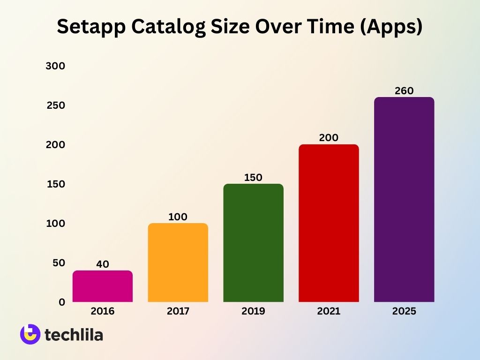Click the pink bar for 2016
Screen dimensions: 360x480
(x=103, y=286)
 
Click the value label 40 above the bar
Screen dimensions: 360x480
(x=103, y=264)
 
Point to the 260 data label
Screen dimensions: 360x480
(x=404, y=91)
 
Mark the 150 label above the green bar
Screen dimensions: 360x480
(x=253, y=178)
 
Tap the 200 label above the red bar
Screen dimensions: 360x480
(x=329, y=138)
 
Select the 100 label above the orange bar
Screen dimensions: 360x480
(x=178, y=217)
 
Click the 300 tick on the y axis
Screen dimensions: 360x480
(x=55, y=66)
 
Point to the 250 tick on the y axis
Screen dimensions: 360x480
(x=55, y=105)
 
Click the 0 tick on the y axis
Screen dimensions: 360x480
(x=61, y=302)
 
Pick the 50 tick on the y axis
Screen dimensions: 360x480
(x=58, y=263)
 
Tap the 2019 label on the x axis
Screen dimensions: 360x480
(x=253, y=311)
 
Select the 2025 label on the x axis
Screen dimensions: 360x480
(x=404, y=311)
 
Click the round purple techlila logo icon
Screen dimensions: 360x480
(x=30, y=334)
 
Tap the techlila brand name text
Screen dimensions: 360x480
(x=74, y=335)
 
